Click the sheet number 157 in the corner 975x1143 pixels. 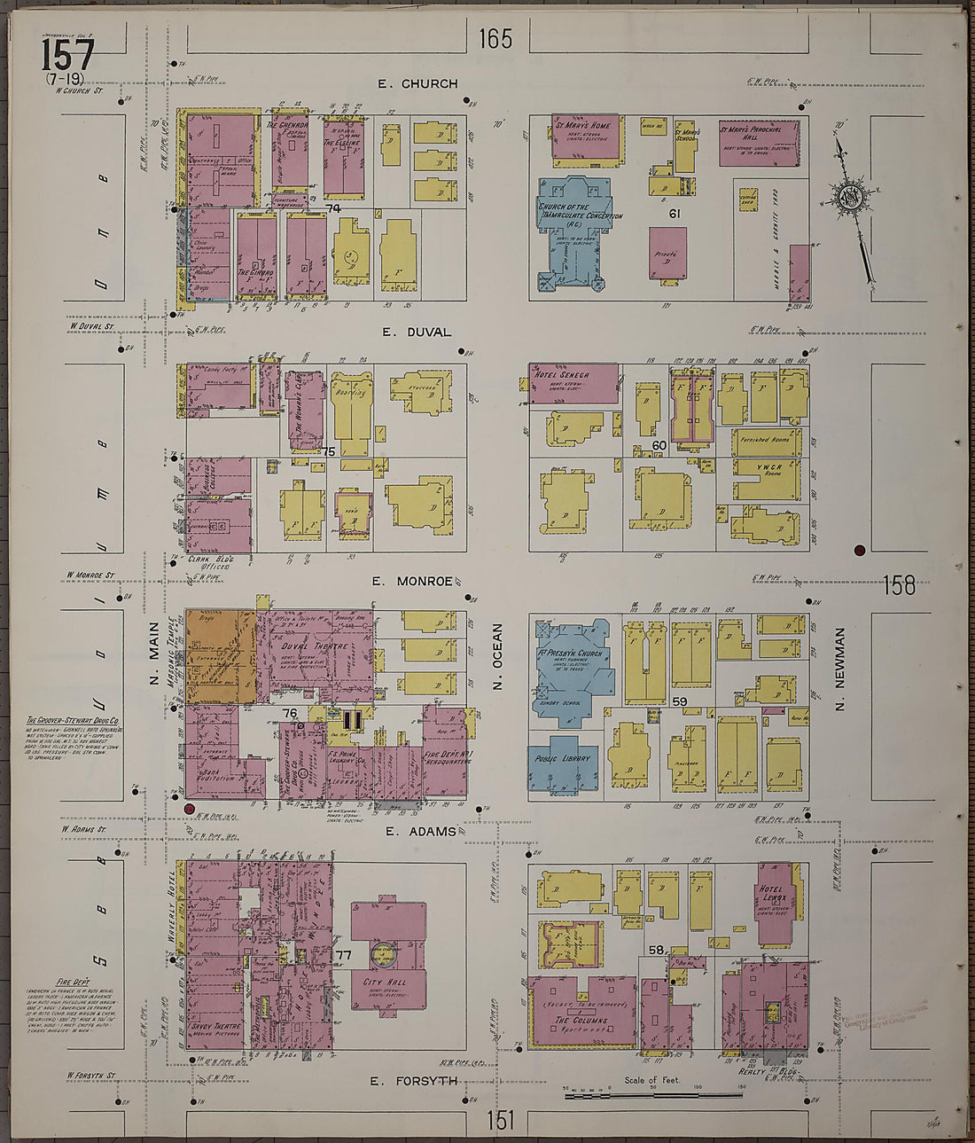pos(66,56)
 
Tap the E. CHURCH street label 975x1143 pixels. pos(417,84)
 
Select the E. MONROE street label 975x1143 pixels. pos(412,582)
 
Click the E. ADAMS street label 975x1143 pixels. pos(421,832)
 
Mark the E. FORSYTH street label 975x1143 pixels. pos(413,1081)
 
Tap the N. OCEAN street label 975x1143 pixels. pos(497,656)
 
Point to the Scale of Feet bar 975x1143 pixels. pos(653,1096)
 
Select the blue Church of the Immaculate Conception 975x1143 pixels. pos(574,231)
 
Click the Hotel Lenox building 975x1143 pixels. pos(776,896)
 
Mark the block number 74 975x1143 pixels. pos(332,208)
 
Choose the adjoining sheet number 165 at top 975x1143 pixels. pos(495,39)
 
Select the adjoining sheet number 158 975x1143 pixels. pos(899,585)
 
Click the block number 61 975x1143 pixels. pos(674,214)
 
